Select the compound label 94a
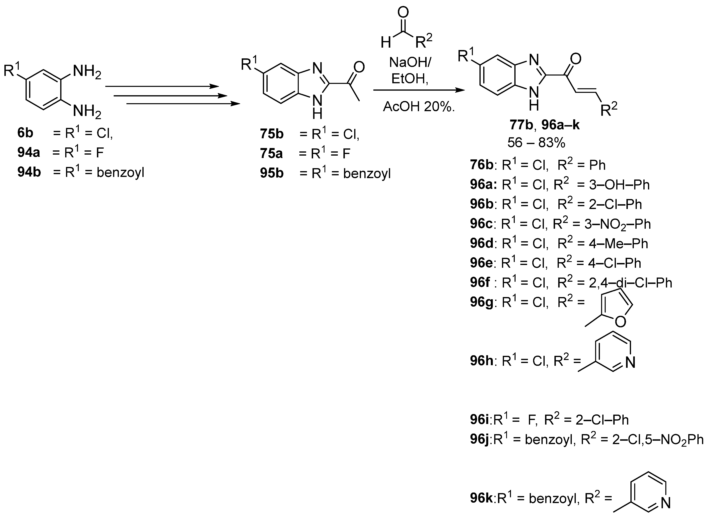pos(29,153)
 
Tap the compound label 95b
pos(272,173)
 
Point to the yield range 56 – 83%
pos(536,143)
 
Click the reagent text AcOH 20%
pos(419,107)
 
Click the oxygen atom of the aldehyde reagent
pos(403,13)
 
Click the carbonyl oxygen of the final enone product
pos(576,59)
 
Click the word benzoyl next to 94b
pos(120,173)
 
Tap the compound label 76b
pos(482,165)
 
